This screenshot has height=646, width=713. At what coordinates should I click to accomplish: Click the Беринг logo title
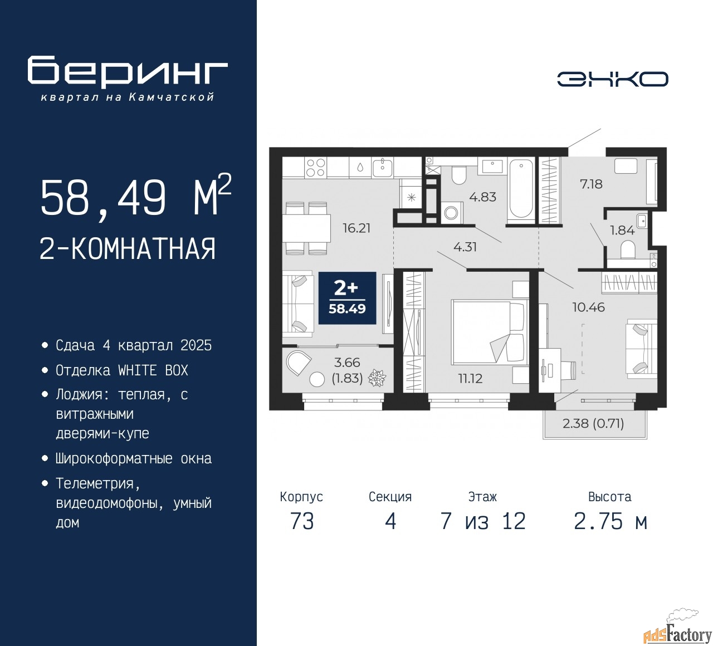(128, 72)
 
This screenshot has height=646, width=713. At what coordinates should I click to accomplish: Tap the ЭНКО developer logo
(612, 79)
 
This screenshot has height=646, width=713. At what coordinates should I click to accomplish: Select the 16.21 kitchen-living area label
(356, 228)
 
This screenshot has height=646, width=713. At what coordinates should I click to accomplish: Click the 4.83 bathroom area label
(482, 197)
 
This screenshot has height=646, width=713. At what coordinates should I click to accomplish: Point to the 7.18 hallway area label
(591, 184)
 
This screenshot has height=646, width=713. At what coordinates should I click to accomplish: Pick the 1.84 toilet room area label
(622, 230)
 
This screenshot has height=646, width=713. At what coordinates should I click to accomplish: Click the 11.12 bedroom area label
(471, 379)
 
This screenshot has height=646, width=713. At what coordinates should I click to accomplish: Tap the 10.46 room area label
(589, 307)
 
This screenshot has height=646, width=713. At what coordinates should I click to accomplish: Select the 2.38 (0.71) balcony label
(593, 423)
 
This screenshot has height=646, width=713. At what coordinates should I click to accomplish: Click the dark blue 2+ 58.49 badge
(347, 298)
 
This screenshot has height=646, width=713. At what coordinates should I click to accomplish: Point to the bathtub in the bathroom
(521, 189)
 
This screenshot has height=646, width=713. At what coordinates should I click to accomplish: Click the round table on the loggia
(317, 379)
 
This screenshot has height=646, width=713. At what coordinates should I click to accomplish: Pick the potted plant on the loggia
(377, 378)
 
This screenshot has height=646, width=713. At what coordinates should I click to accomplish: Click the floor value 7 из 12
(483, 521)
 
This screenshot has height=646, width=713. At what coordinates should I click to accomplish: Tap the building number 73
(302, 521)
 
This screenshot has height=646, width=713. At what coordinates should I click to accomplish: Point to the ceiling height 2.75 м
(611, 521)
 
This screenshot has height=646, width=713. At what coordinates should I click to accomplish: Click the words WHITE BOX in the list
(153, 370)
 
